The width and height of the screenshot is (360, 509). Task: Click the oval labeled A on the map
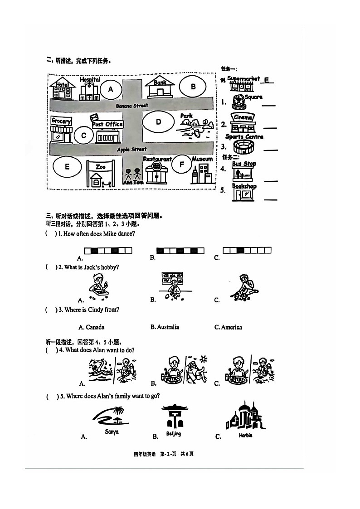point(111,89)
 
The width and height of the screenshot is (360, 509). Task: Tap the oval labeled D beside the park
point(158,122)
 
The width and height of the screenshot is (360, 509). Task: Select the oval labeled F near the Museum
point(182,165)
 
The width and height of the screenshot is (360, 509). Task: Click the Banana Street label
point(132,106)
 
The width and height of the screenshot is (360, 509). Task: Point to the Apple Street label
point(132,149)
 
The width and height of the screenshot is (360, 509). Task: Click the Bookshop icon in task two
point(244,192)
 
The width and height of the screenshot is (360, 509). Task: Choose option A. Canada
point(92,327)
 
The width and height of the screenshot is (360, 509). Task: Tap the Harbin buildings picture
point(245,417)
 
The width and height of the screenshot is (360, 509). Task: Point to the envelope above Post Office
point(95,118)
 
